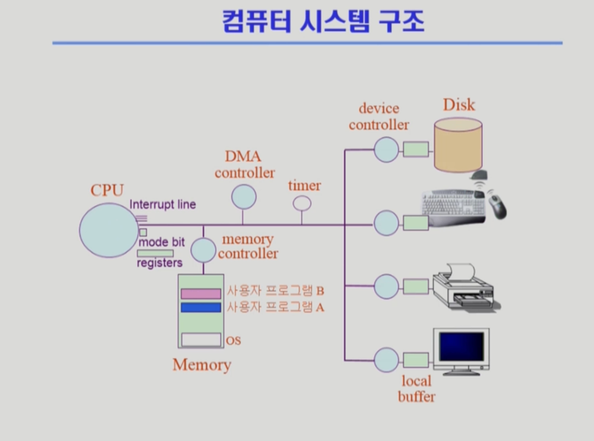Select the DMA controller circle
click(x=244, y=197)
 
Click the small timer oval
click(x=302, y=203)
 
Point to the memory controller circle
click(x=203, y=250)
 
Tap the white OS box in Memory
click(x=201, y=340)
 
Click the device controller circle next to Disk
click(x=386, y=150)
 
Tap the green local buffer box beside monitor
click(x=416, y=360)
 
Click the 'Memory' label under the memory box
click(x=202, y=365)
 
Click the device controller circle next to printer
click(x=386, y=286)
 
